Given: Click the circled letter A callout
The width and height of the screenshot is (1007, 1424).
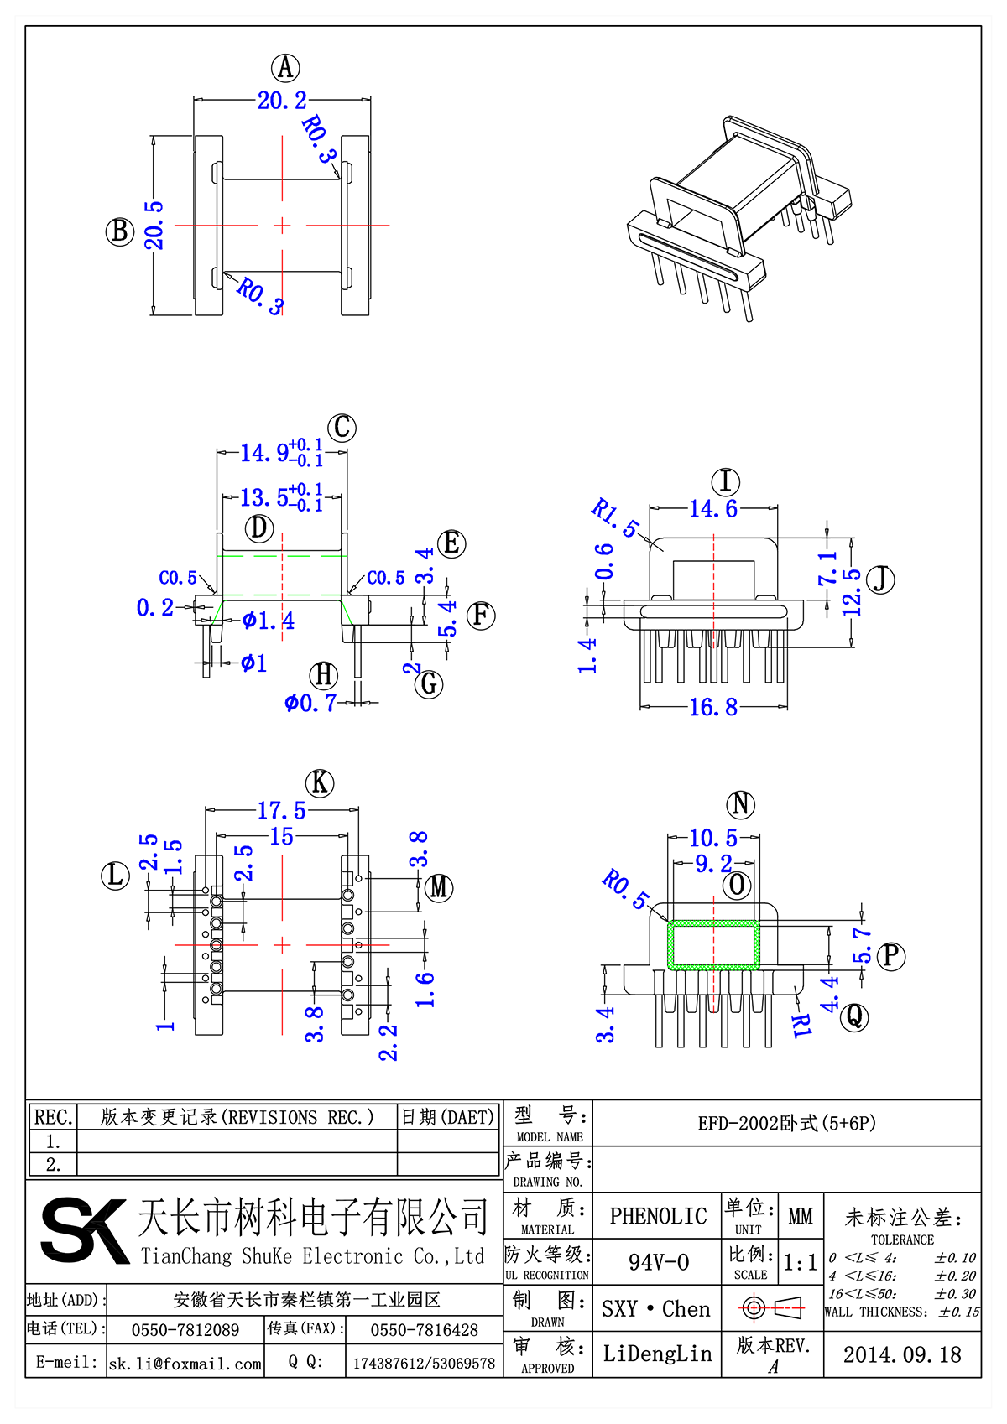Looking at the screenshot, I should coord(285,67).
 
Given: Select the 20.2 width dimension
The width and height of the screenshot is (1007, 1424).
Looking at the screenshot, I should coord(282,101).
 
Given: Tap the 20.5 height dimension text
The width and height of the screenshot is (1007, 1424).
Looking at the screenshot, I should coord(154,225).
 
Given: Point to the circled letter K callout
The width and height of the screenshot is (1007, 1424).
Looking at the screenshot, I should coord(319,783).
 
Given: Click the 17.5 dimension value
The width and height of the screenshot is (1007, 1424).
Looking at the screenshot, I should coord(281,811).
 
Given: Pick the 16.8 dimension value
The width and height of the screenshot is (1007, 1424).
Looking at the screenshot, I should coord(712,708).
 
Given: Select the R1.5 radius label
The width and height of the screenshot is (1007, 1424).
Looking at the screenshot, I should coord(614,517).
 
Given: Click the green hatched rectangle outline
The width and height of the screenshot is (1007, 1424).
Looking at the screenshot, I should coord(713,924).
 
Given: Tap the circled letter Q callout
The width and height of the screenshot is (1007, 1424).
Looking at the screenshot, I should coord(854,1016).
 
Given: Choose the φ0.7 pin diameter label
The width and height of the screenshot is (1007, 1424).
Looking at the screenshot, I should coord(310,703).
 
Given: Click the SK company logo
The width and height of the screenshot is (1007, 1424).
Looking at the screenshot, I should coord(84,1230).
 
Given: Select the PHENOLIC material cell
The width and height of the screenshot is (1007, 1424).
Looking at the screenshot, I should coord(658,1216).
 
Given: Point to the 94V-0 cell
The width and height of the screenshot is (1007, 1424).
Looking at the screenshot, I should coord(658,1262).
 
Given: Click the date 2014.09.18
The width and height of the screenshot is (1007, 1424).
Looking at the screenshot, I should coord(902,1354).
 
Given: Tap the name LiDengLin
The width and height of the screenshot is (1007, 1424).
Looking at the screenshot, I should coord(657,1354).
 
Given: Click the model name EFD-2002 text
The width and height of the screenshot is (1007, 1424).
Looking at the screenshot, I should coord(786,1123).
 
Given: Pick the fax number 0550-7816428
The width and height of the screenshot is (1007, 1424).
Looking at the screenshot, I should coord(424,1330).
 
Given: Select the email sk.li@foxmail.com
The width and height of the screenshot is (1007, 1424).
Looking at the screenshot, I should coord(185,1364).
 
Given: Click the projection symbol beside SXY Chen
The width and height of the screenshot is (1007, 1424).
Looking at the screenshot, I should coord(772,1307).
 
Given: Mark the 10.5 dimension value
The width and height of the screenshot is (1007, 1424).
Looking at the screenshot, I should coord(712,838).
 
